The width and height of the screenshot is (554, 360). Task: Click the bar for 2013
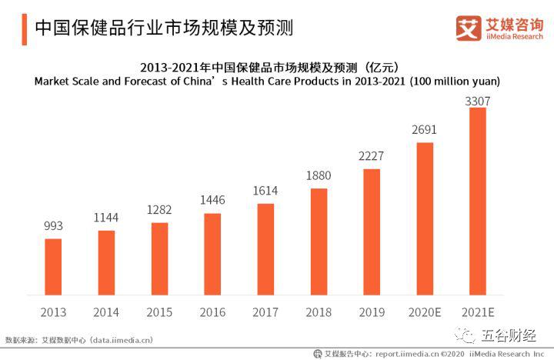tap(53, 266)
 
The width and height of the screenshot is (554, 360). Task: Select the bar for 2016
tap(212, 254)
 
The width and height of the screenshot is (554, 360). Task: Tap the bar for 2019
tap(372, 232)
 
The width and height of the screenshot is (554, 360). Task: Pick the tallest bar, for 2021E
tap(478, 201)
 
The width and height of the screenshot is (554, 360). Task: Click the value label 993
tap(53, 226)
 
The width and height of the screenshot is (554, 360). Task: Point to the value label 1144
tap(106, 218)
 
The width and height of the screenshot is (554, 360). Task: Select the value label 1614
tap(265, 191)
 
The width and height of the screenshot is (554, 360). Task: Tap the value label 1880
tap(319, 176)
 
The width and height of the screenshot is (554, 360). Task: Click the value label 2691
tap(425, 129)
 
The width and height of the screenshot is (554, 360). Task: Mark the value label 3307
tap(478, 101)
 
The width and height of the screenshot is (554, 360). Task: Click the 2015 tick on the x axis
tap(159, 312)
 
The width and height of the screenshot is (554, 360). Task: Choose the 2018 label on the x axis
tap(319, 312)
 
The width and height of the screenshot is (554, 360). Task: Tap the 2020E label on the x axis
tap(425, 312)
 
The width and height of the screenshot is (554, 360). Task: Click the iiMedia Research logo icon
tap(468, 28)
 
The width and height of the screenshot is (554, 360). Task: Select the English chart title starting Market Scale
tap(267, 82)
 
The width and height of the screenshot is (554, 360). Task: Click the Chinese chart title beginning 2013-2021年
tap(267, 66)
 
